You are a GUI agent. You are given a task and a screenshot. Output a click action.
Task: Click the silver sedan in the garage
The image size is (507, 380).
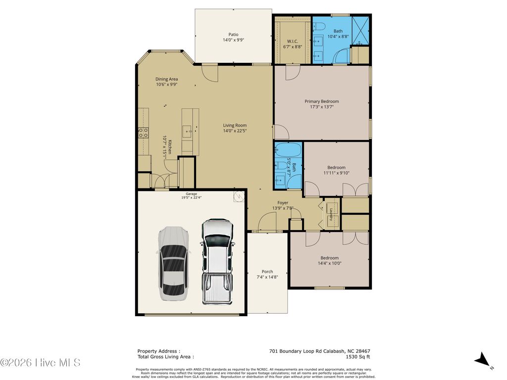point(173,263)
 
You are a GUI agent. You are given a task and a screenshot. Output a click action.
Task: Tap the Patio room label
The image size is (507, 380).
point(233,34)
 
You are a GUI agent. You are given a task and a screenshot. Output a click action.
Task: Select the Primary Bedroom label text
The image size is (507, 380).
point(321,101)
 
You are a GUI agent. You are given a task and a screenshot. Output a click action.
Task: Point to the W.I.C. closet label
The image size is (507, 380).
point(292,41)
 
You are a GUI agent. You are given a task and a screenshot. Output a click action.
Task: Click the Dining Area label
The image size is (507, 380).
point(166,79)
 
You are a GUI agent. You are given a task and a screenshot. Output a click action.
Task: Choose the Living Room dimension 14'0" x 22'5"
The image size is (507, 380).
point(235,131)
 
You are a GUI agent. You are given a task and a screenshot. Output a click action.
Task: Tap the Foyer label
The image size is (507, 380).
point(283,202)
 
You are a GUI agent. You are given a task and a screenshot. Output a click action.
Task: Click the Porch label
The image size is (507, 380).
point(267,271)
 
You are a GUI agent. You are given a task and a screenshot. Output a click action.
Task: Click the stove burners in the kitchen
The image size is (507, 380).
point(143,132)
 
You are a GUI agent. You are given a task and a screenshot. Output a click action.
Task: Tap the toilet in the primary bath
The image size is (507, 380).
point(319,26)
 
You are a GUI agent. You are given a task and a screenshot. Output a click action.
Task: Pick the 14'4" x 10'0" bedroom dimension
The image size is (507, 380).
point(329,263)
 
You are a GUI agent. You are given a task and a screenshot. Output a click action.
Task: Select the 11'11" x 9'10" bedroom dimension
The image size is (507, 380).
point(336,173)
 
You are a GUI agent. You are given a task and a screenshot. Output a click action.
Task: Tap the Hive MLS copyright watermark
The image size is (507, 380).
point(40,363)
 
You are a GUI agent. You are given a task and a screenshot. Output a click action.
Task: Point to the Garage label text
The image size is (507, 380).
point(191,193)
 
